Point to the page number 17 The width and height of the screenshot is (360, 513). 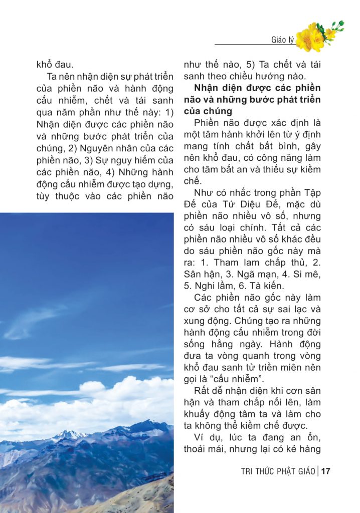point(326,471)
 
